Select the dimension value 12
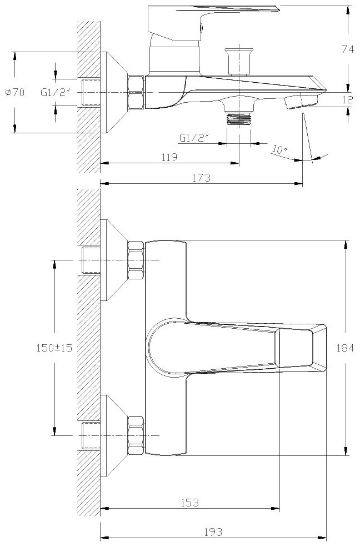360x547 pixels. click(347, 100)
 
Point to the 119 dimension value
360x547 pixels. click(169, 157)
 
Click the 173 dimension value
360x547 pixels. click(202, 178)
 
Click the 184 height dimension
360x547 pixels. click(347, 348)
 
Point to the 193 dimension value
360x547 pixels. click(213, 532)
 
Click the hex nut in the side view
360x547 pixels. click(136, 92)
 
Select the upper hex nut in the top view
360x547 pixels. click(136, 260)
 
